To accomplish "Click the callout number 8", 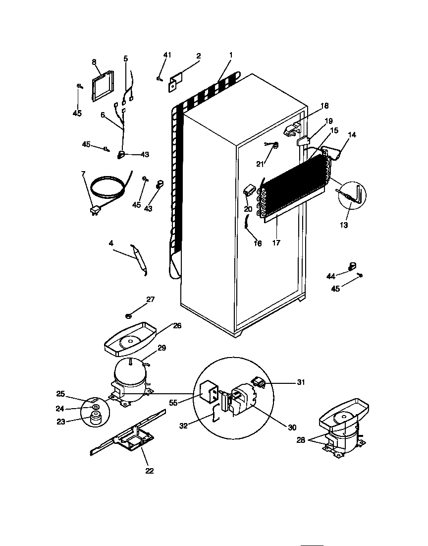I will pos(94,62).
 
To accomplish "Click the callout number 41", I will pos(167,55).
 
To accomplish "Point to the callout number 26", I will pos(177,326).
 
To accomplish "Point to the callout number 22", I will pos(150,471).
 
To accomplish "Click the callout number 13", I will pos(344,225).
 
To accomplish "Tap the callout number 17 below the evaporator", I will pos(276,243).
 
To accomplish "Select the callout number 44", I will pos(331,276).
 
